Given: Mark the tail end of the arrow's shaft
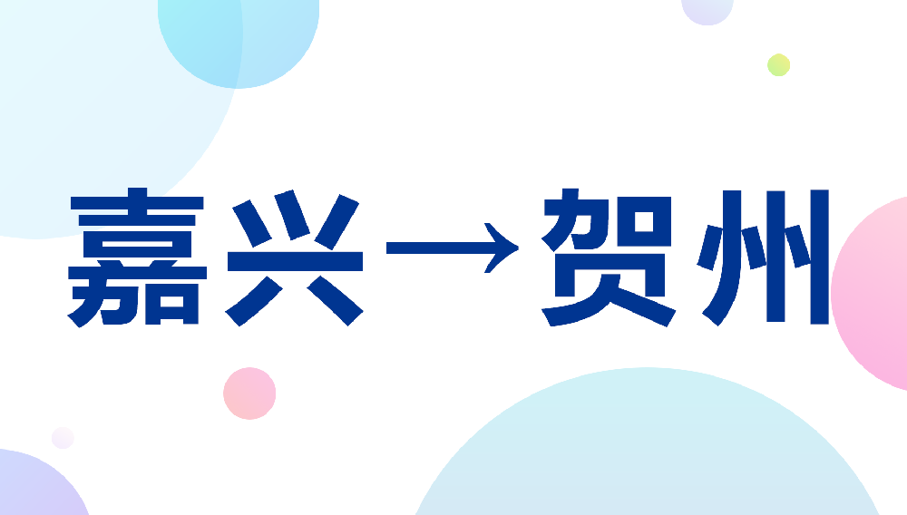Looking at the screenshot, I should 388,246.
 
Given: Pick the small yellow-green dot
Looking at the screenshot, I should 778,64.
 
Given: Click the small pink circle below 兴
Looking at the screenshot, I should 249,394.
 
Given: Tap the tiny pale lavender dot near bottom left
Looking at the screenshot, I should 63,438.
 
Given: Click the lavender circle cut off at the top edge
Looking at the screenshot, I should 707,9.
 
